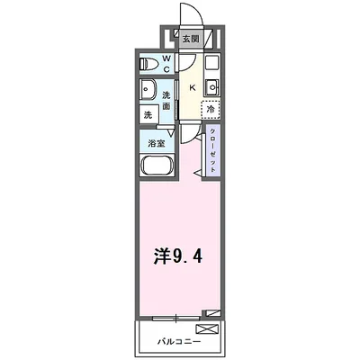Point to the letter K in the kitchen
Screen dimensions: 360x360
pos(192,87)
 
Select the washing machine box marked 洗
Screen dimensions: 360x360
pos(148,114)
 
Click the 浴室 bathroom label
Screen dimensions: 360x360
pos(156,142)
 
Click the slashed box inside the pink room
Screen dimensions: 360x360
pos(211,312)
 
